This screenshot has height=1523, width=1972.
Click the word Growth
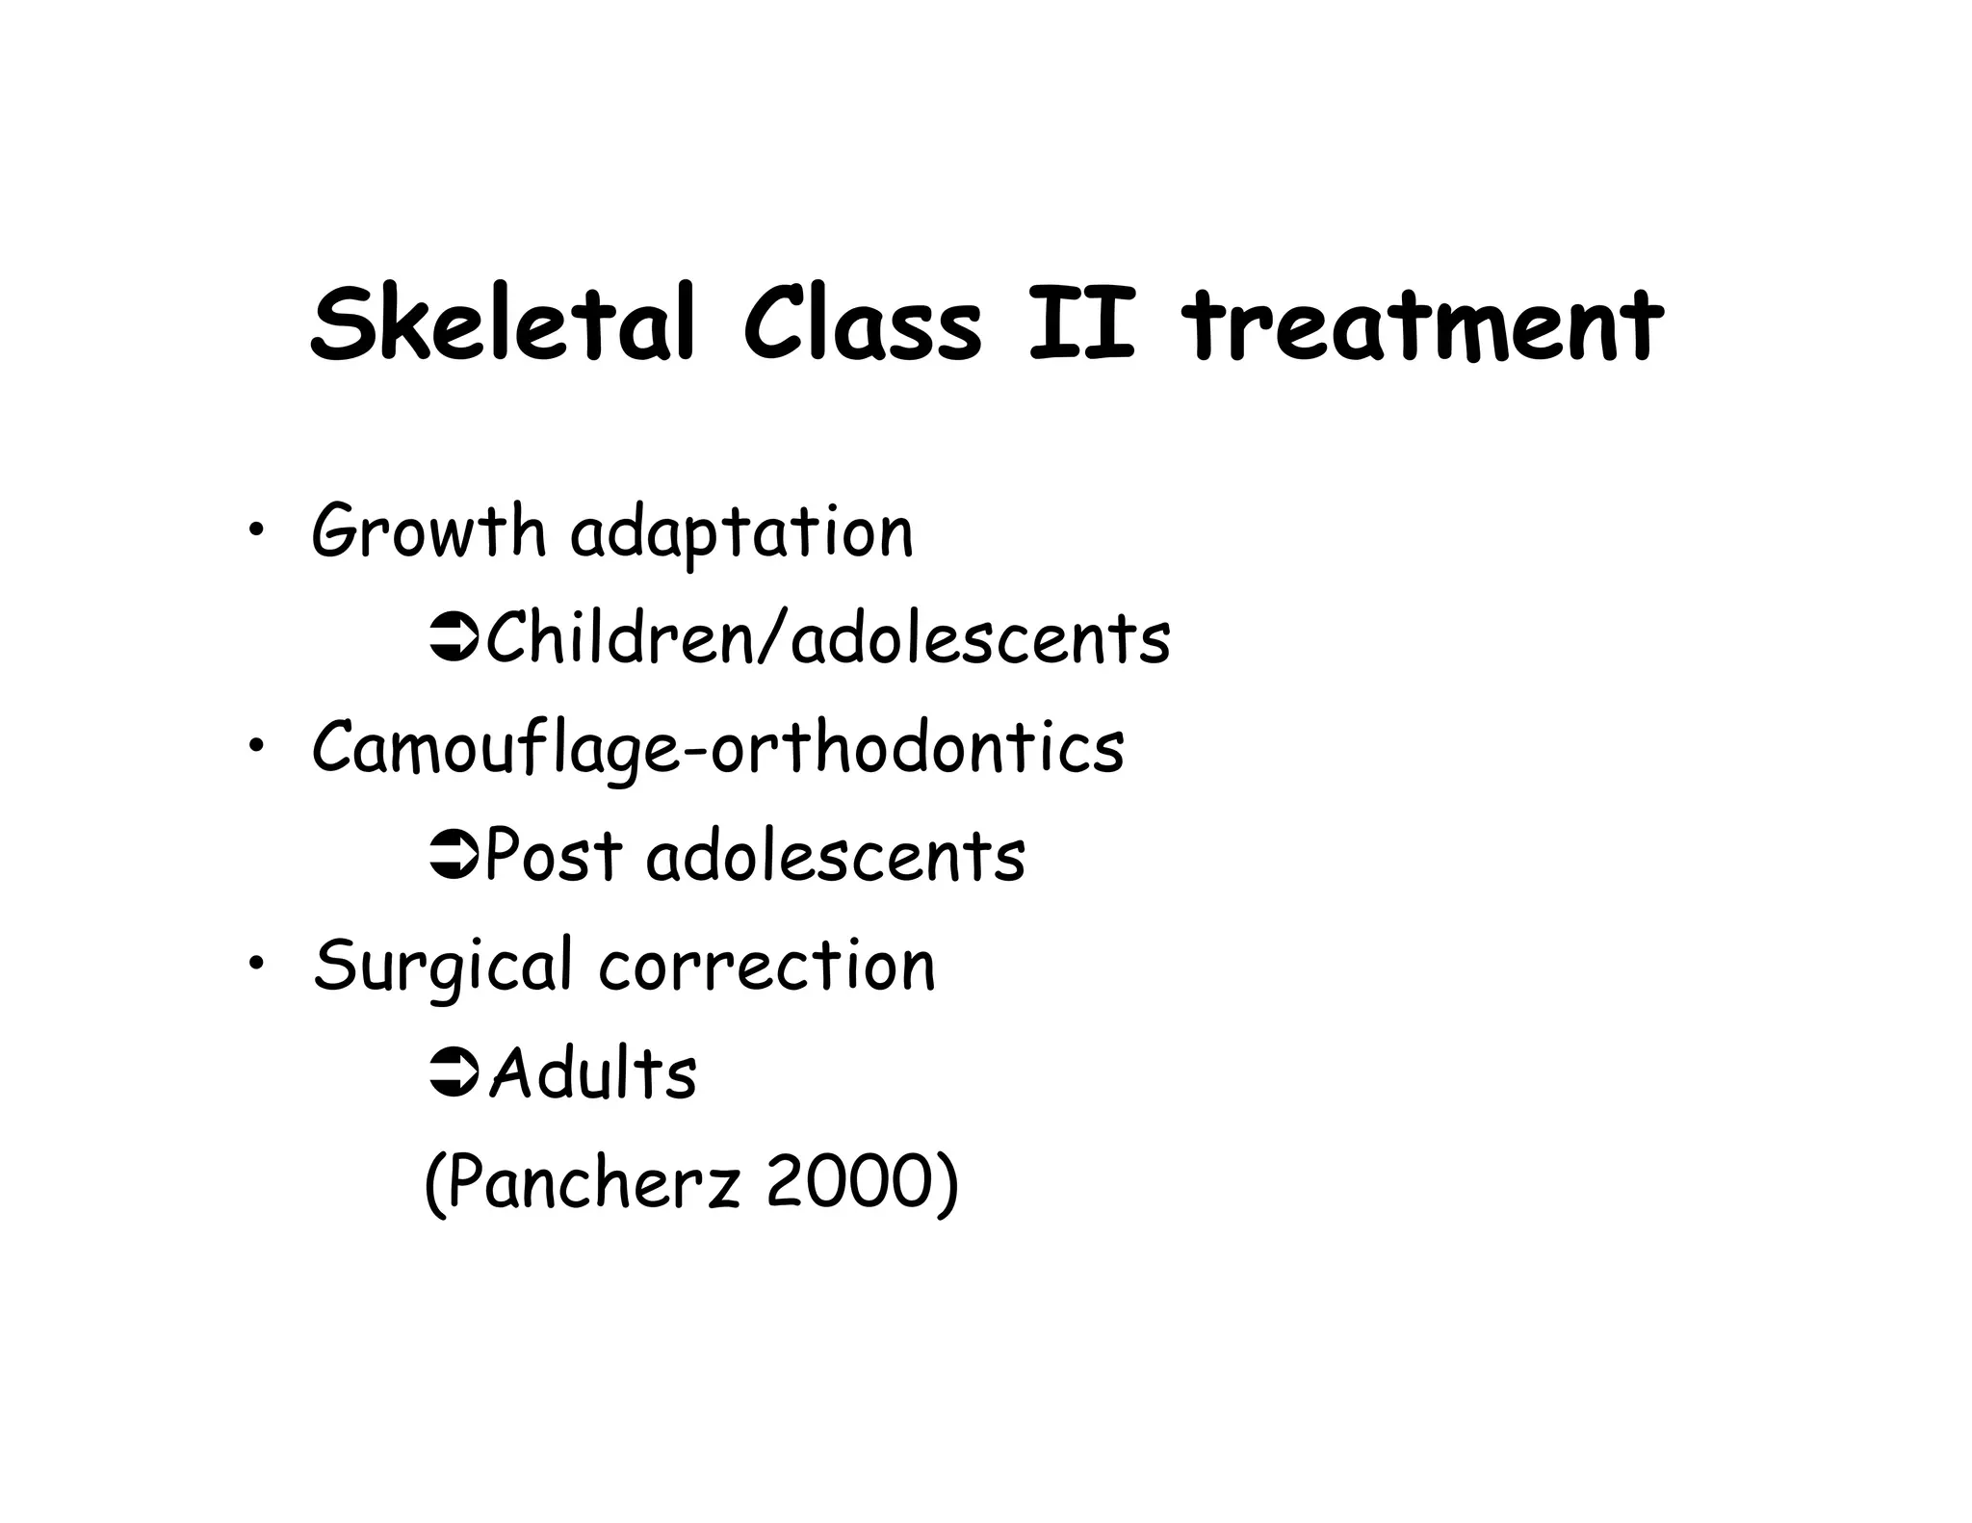click(428, 531)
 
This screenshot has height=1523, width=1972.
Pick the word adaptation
click(741, 533)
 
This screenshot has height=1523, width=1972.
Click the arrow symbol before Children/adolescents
click(454, 638)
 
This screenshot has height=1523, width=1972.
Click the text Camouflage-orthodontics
click(718, 749)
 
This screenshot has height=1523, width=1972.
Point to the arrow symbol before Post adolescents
click(454, 855)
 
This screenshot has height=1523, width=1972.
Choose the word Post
click(553, 855)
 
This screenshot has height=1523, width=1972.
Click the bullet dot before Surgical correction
click(255, 965)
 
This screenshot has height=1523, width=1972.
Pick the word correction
click(766, 965)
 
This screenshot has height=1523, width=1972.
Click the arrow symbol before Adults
click(454, 1073)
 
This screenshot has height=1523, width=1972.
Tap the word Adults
click(592, 1073)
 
